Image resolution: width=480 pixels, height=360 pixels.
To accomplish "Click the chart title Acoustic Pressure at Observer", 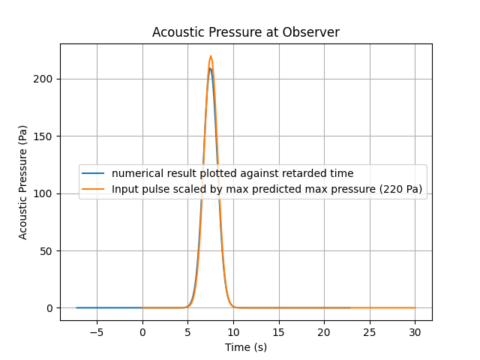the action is click(x=246, y=32).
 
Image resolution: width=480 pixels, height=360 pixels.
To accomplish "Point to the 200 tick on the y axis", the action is click(x=43, y=79).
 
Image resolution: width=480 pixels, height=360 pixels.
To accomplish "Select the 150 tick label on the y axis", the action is click(x=43, y=136).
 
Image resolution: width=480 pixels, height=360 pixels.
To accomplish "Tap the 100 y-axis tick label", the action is click(x=43, y=193).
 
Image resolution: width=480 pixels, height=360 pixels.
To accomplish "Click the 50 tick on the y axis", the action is click(x=46, y=251).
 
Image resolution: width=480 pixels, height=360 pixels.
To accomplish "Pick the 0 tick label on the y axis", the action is click(x=49, y=308).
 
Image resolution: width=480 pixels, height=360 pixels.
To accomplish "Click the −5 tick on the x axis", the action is click(x=97, y=332).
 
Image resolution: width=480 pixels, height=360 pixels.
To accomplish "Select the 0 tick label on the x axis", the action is click(x=142, y=332).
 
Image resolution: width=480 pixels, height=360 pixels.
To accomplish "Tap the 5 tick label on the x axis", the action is click(x=187, y=332).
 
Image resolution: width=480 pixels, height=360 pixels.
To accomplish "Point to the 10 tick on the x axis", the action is click(x=233, y=332).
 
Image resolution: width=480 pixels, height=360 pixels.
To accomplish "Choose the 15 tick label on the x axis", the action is click(x=278, y=332).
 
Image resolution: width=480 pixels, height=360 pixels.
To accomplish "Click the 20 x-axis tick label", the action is click(x=324, y=332).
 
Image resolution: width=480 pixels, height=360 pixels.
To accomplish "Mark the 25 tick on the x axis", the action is click(x=370, y=332).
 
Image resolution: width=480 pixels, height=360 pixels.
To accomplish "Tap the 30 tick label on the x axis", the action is click(x=415, y=332).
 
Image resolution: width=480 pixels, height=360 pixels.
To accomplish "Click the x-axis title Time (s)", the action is click(x=246, y=347).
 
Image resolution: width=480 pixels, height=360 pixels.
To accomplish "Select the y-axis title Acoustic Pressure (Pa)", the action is click(x=22, y=182).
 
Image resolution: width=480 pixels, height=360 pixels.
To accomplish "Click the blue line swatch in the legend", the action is click(x=93, y=173).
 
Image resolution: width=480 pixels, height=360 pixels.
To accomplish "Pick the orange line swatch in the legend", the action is click(x=93, y=189).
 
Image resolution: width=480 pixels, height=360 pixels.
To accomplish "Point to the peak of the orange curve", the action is click(x=211, y=55).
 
